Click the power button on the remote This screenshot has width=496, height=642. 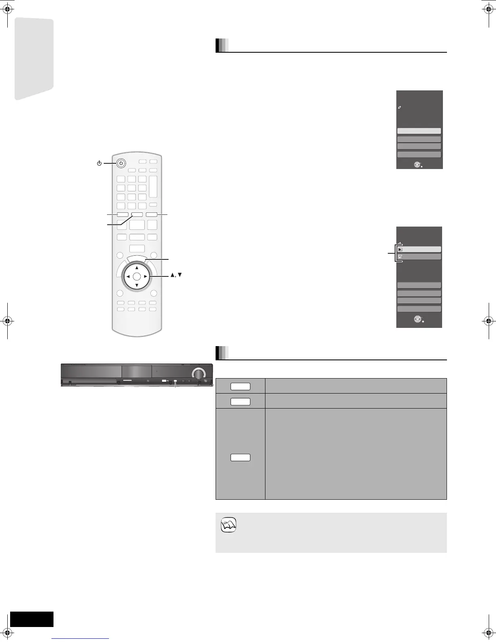coord(121,163)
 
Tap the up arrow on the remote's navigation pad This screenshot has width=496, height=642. coord(137,268)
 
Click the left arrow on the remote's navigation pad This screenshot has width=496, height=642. coord(128,276)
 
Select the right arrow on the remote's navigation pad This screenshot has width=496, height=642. coord(145,276)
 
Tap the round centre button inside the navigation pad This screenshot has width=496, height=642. coord(137,276)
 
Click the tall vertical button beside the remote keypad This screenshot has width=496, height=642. coord(153,186)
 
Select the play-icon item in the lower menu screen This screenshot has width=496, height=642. coord(419,249)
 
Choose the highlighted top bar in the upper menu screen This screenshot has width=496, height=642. coord(419,131)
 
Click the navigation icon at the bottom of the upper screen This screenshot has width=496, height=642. coord(417,165)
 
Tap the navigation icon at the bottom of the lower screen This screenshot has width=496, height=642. coord(417,319)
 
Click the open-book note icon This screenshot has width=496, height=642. coord(229,525)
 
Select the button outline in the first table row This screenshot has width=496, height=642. coord(240,386)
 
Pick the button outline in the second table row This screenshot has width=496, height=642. coord(240,402)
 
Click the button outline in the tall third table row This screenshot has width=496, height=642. coord(240,458)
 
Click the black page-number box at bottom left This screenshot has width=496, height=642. coord(32,619)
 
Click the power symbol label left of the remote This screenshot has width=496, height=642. coord(99,163)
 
